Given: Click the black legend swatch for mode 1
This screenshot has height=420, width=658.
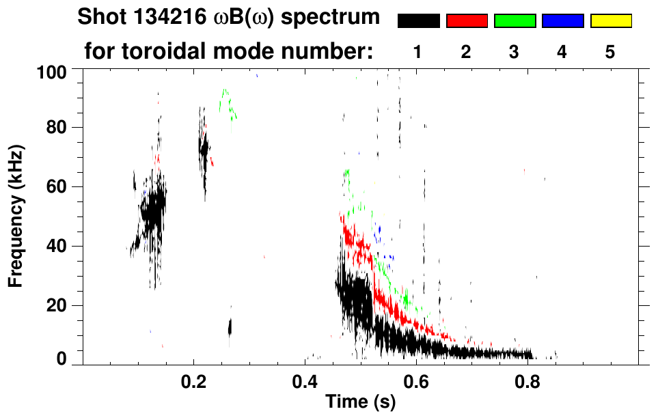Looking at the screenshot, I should click(418, 21).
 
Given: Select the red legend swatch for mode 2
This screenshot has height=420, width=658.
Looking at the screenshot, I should click(467, 21).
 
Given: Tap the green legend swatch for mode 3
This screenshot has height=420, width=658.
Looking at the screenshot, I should click(515, 21).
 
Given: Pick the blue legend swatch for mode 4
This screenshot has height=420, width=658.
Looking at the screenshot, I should click(563, 21).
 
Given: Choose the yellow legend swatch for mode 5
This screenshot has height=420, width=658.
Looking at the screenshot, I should click(611, 21).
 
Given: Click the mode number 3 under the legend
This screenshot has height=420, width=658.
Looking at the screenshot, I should click(515, 52).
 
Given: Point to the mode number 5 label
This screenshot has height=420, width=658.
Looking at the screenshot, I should click(610, 52).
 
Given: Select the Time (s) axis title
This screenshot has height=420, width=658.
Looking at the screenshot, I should click(360, 402).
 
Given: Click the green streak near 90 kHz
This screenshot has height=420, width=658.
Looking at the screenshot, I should click(228, 102).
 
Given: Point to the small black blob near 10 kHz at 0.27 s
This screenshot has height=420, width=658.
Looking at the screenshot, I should click(230, 328).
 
